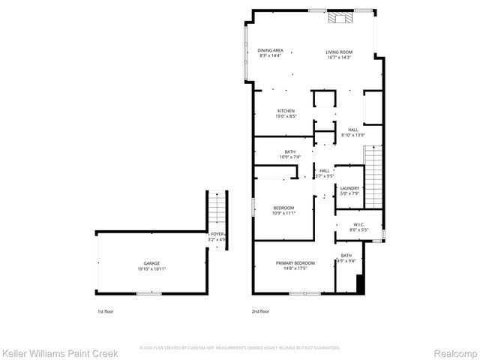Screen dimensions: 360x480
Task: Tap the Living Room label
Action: tap(339, 52)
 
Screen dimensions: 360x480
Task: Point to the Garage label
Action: tap(151, 263)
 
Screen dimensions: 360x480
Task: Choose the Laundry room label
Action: tap(349, 188)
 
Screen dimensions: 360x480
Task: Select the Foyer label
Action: tap(217, 235)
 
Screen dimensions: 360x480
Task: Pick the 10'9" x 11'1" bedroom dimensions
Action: tap(283, 213)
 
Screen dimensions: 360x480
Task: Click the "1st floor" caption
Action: tap(106, 310)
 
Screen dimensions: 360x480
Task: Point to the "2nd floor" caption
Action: tap(261, 310)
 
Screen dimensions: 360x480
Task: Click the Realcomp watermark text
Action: tap(458, 352)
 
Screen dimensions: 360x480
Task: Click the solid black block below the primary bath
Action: tap(361, 284)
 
